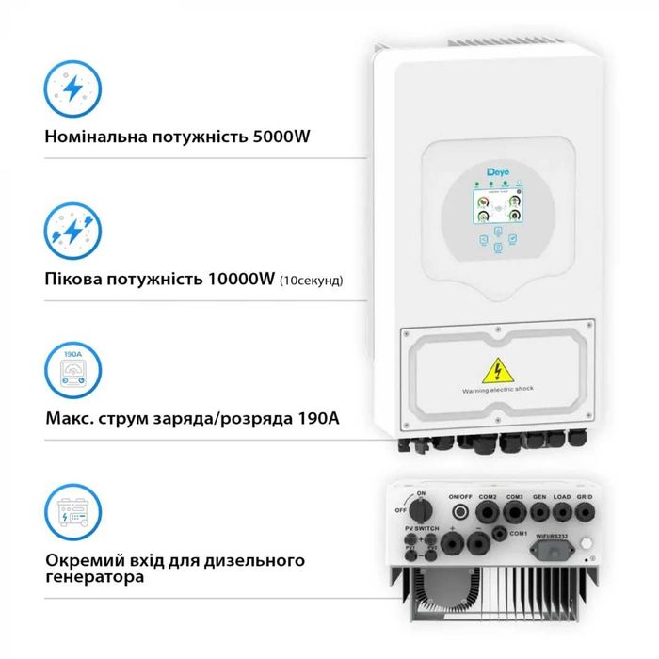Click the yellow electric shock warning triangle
[x=497, y=368]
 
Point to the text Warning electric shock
[x=497, y=390]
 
